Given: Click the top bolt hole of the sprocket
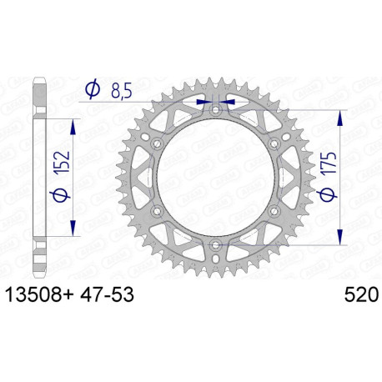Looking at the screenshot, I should point(216,110).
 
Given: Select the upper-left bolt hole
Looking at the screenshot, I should point(158,143).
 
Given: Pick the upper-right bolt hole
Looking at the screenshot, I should point(274,143).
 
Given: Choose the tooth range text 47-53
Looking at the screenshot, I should point(103,295).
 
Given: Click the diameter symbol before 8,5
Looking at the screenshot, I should point(93,87).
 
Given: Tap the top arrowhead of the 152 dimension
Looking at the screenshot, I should point(76,124).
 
